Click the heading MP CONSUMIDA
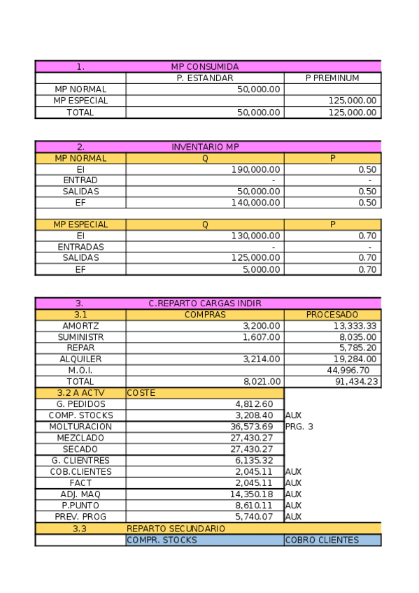point(205,67)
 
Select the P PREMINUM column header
point(332,78)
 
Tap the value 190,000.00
point(256,169)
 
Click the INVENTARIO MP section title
point(205,148)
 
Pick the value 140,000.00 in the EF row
point(256,203)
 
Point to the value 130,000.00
point(256,236)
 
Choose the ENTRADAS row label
point(80,248)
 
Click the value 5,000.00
point(262,269)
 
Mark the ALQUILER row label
point(80,359)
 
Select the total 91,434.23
point(355,382)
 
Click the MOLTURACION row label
point(80,427)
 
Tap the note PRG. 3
point(299,427)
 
